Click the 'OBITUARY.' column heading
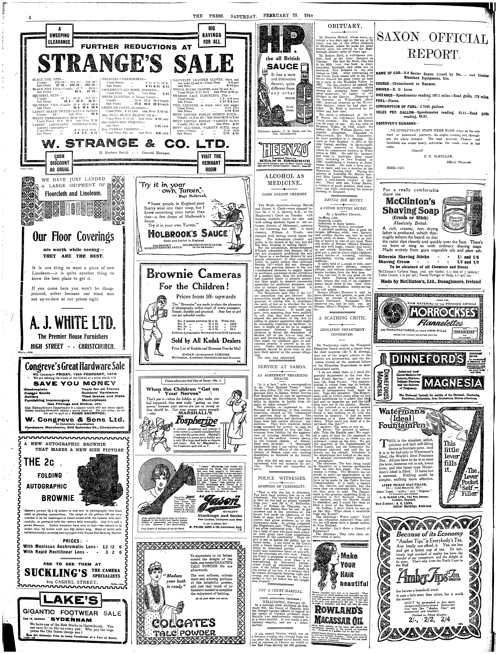tap(344, 26)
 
